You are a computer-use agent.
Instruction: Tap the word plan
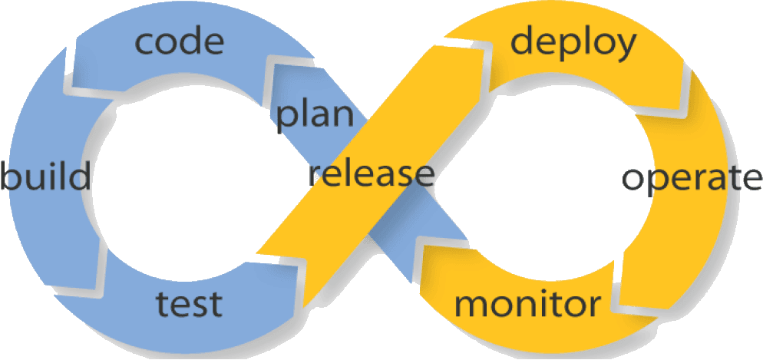[x=315, y=115]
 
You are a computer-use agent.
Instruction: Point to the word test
[x=188, y=304]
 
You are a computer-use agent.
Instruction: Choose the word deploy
[x=573, y=44]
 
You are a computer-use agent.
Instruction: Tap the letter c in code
[x=146, y=44]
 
